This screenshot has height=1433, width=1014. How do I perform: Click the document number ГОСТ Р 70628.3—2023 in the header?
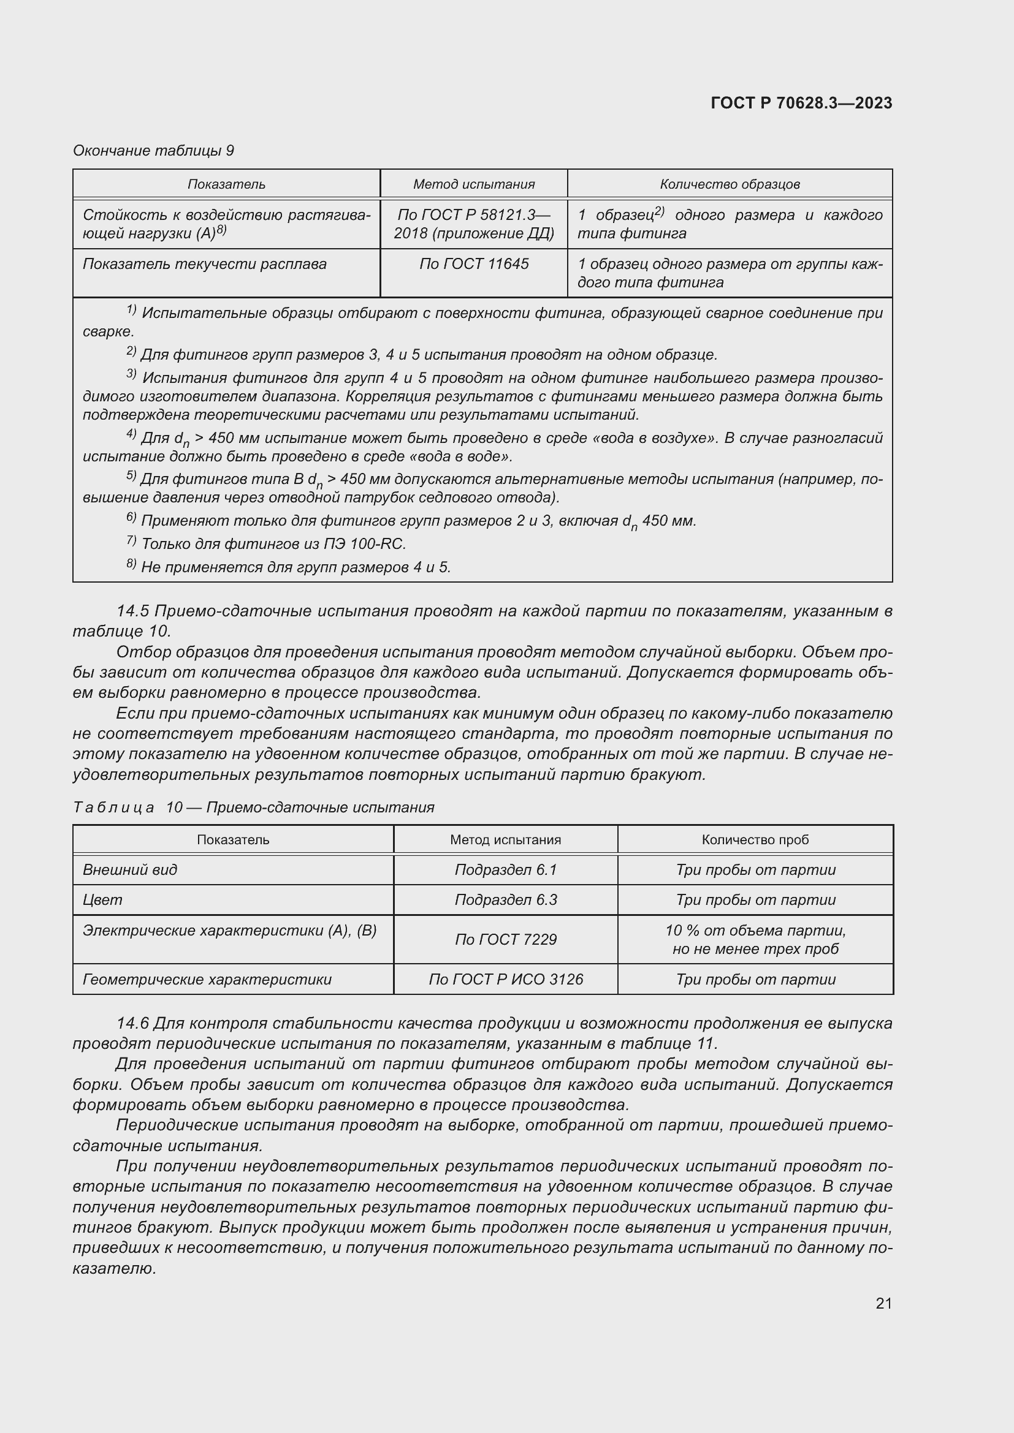[x=801, y=104]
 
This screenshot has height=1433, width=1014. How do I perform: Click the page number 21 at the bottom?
[x=883, y=1303]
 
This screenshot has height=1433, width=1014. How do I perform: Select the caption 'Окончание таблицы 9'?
[x=153, y=151]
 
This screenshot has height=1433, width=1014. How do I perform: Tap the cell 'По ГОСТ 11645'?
[x=474, y=264]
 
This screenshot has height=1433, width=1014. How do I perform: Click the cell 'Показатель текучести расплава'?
[x=205, y=264]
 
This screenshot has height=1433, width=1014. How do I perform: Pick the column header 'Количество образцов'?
[x=730, y=184]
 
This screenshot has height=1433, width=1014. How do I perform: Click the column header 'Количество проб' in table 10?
[x=755, y=839]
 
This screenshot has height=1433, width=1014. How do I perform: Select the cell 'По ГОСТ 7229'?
[x=505, y=939]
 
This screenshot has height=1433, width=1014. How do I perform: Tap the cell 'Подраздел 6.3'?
[x=505, y=899]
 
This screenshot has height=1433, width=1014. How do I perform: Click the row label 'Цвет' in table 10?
[x=102, y=899]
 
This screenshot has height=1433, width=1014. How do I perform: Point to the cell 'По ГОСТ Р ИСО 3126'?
[x=505, y=979]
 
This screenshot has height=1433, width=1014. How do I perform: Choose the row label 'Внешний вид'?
[x=130, y=869]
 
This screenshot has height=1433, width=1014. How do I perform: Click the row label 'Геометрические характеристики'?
[x=207, y=979]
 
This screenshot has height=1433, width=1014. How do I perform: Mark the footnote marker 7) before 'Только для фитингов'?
[x=131, y=541]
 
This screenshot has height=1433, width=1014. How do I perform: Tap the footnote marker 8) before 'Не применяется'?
[x=131, y=564]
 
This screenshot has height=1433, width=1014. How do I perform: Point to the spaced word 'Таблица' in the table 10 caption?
[x=113, y=807]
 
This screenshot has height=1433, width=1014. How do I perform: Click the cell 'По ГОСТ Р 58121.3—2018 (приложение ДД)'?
[x=474, y=224]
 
